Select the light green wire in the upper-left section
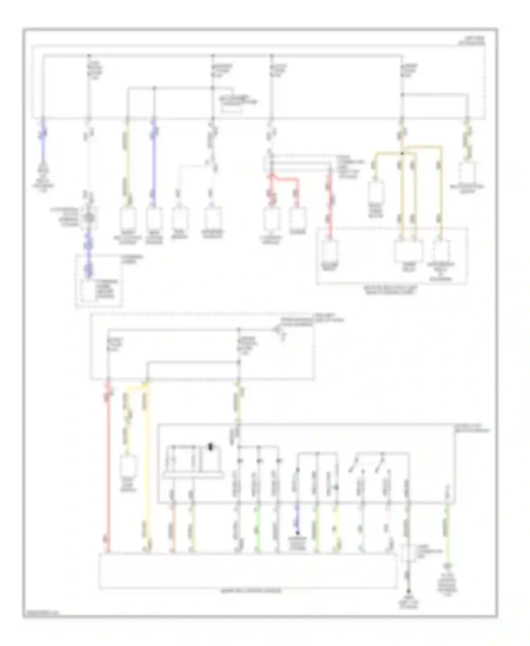tap(128, 159)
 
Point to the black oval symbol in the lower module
tap(211, 447)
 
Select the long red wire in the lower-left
tap(108, 466)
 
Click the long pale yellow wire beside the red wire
tap(148, 466)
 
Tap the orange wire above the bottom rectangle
tap(173, 527)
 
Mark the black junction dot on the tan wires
tap(402, 153)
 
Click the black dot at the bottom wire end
tap(408, 591)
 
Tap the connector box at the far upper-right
tap(467, 173)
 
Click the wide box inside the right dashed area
tap(408, 251)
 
